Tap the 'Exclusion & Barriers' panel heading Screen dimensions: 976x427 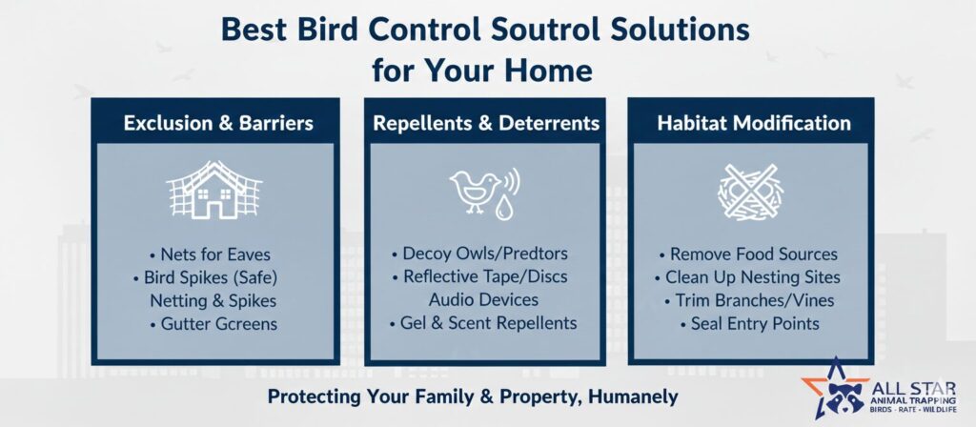[x=218, y=123]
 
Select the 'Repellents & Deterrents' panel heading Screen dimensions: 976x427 [x=486, y=123]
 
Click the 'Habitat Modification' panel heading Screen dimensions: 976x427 [x=754, y=123]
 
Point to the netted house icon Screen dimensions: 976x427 [x=214, y=190]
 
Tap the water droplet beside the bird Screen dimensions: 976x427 [x=503, y=209]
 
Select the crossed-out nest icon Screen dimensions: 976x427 [x=750, y=192]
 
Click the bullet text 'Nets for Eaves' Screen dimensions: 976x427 [x=210, y=254]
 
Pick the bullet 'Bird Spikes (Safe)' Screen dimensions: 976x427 [x=205, y=277]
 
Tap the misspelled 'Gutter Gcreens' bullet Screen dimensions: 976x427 [x=213, y=324]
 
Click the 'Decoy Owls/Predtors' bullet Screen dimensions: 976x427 [x=479, y=254]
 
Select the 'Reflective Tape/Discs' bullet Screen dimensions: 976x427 [x=479, y=276]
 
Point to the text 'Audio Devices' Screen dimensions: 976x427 [x=483, y=299]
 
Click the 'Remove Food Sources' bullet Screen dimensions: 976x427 [x=748, y=254]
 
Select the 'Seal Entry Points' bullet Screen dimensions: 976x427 [x=749, y=324]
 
